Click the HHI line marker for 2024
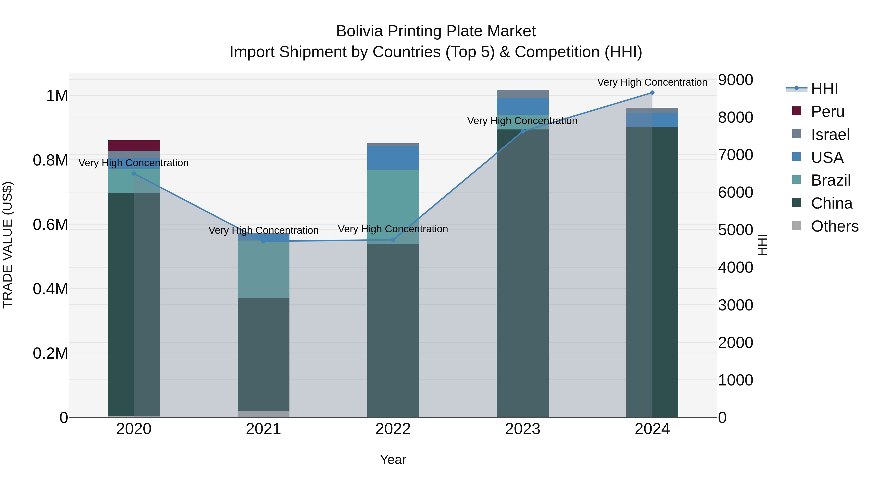pos(652,93)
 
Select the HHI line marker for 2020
pos(134,173)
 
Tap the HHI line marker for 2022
pos(393,240)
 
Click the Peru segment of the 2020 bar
pos(134,145)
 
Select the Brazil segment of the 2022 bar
pos(393,206)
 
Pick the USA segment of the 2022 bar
pos(393,158)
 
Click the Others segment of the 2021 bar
pos(263,414)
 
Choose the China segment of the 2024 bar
pos(652,271)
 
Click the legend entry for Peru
pos(827,112)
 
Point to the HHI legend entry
pos(824,89)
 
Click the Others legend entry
pos(834,226)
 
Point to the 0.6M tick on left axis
pos(50,225)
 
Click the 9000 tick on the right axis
pos(736,80)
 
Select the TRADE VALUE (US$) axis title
pos(8,245)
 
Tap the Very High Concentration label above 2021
pos(263,230)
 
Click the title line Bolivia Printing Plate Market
pos(436,31)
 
